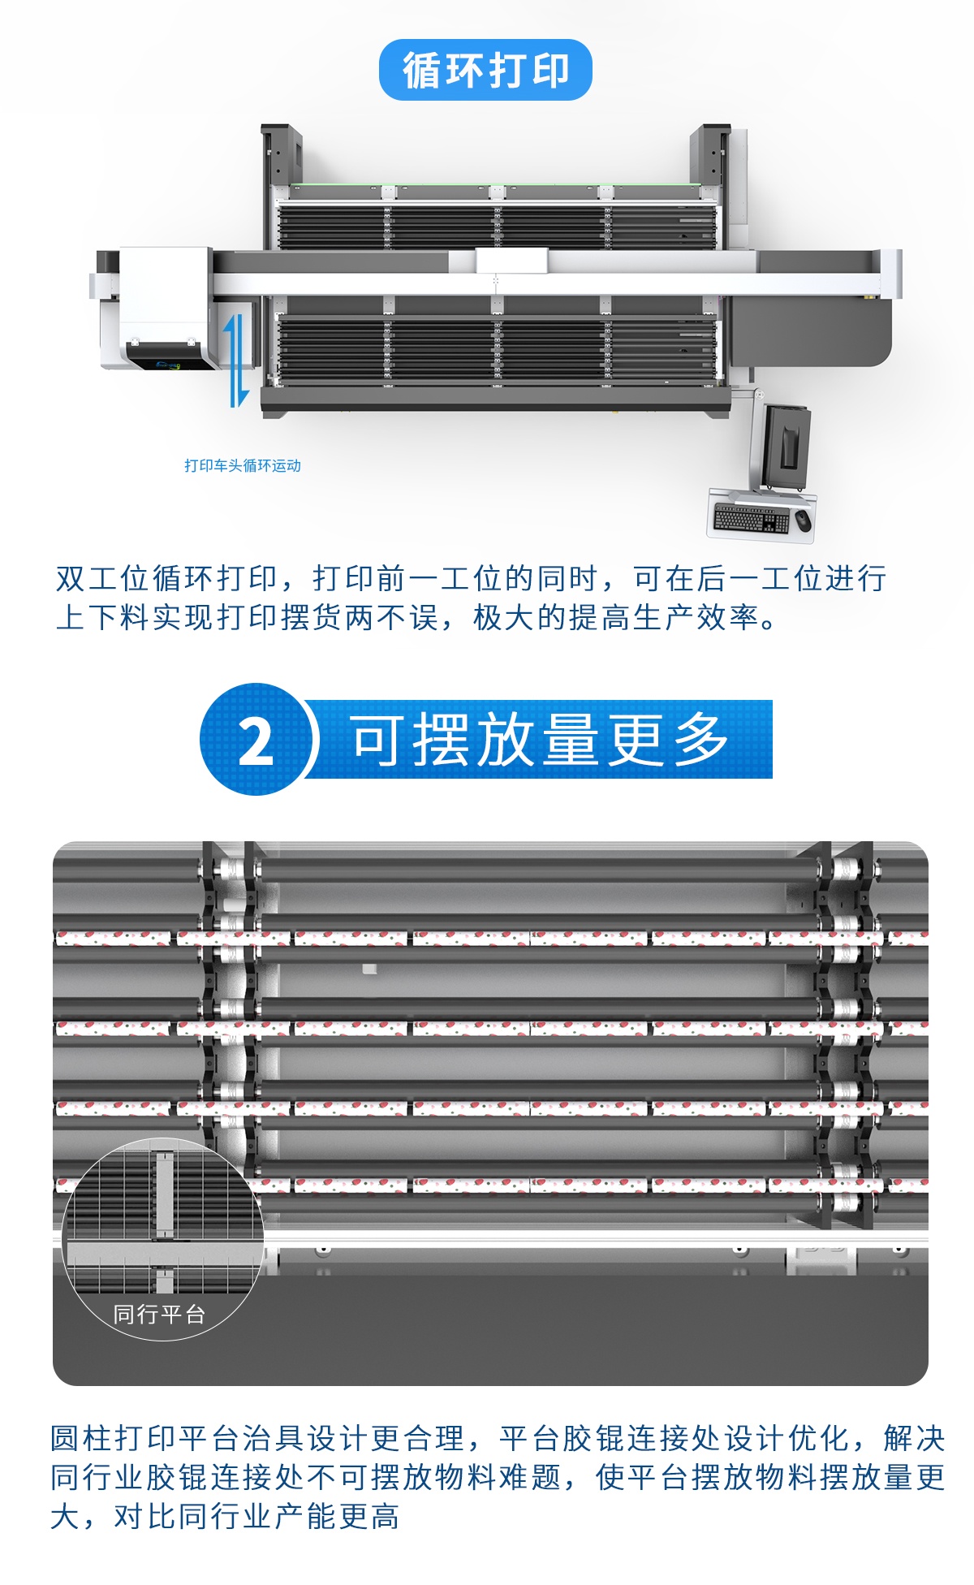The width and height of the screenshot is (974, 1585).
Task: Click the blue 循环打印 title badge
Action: pos(485,70)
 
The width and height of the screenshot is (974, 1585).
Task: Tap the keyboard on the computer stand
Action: pos(750,518)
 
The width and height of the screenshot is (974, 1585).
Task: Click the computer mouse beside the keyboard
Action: pos(803,519)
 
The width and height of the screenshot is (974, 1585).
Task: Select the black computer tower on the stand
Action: pos(787,438)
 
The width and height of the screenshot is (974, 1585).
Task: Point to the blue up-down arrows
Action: pos(236,358)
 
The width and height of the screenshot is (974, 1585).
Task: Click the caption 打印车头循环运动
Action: pos(242,465)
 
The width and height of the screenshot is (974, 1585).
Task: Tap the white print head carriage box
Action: pos(165,307)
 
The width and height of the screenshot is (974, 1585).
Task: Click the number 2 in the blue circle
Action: pos(256,741)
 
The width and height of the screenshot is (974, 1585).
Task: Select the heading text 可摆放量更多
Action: pos(539,740)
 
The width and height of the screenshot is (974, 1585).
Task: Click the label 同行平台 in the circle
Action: pos(159,1314)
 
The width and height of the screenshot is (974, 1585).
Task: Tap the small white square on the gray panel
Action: pos(369,969)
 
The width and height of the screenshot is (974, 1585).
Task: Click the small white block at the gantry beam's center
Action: pos(511,261)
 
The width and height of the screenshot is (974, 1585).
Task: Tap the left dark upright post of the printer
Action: pos(281,154)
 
